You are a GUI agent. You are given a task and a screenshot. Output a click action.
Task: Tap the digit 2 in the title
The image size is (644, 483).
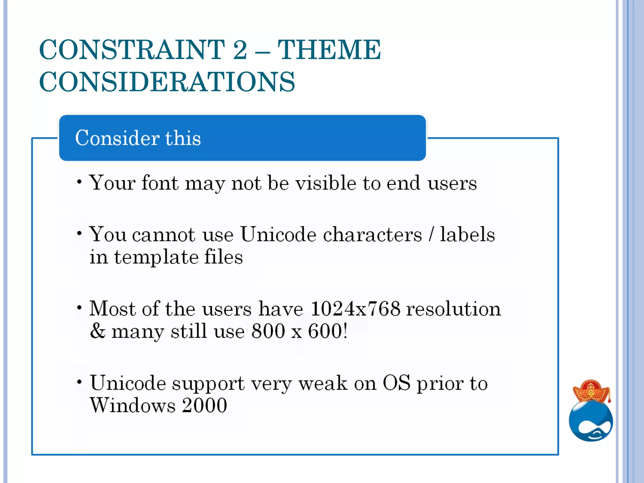[240, 49]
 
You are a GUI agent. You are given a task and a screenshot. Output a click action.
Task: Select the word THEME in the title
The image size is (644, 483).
[329, 49]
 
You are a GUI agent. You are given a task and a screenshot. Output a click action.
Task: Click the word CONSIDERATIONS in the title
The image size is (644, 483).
[167, 82]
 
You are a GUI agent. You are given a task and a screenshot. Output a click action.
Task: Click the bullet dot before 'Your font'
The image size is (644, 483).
[80, 182]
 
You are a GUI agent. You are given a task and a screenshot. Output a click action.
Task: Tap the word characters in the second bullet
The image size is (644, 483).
[372, 235]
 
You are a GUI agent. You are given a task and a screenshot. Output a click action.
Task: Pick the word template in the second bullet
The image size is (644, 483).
[156, 257]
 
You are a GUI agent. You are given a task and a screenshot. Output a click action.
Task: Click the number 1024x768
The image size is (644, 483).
[355, 308]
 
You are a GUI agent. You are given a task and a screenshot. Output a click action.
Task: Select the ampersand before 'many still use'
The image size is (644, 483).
[97, 331]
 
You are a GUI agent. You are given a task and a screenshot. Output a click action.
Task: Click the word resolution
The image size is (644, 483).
[453, 308]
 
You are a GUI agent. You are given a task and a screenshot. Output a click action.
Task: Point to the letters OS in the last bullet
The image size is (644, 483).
[396, 383]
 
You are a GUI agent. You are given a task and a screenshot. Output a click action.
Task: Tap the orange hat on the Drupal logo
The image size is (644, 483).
[591, 391]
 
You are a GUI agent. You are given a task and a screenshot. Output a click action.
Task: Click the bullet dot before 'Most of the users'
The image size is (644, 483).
[80, 307]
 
